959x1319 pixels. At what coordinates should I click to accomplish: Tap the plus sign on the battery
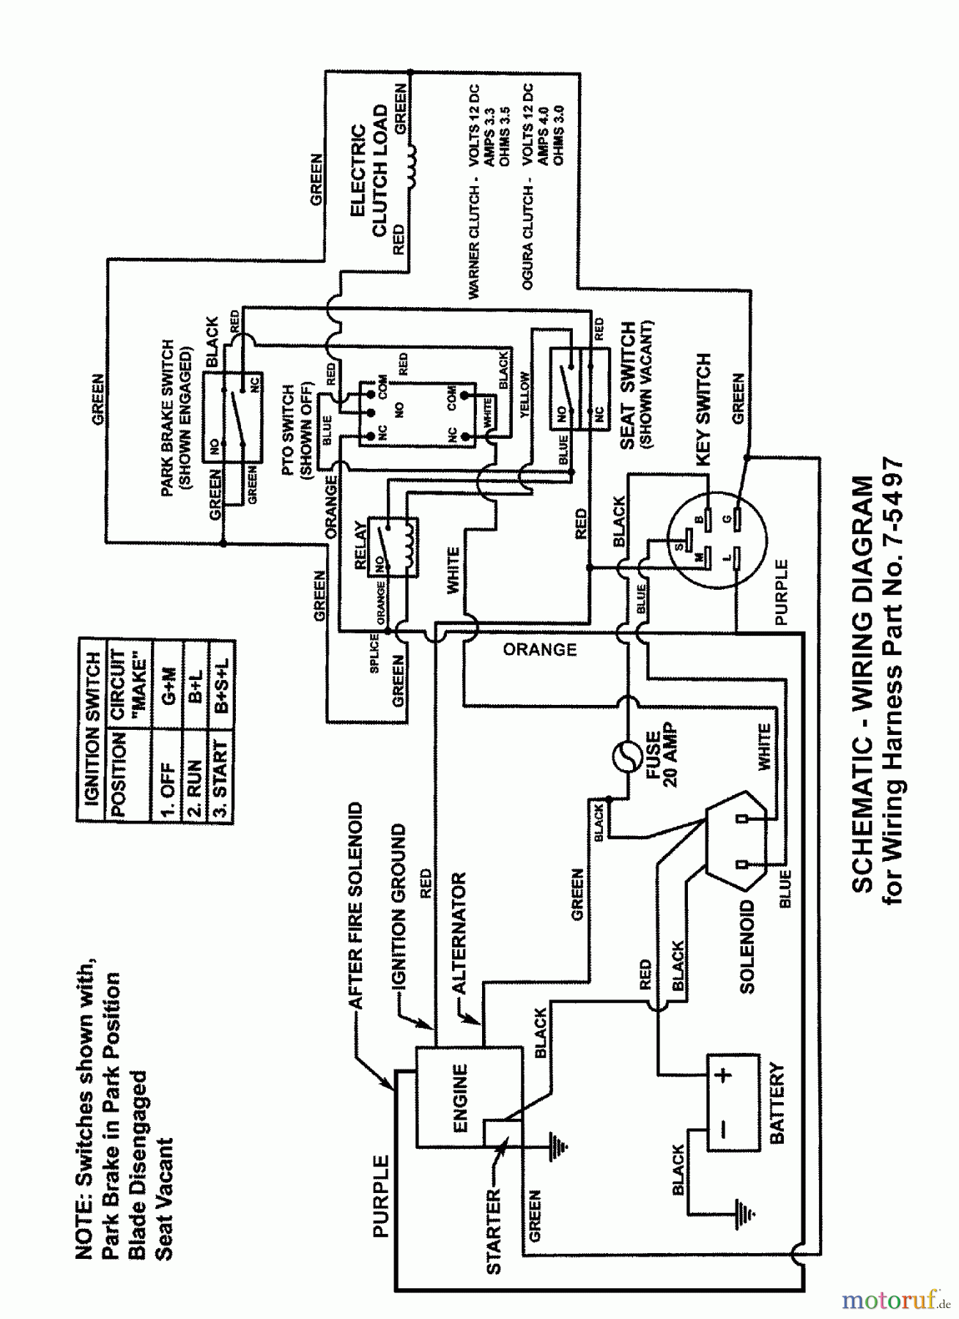pos(724,1075)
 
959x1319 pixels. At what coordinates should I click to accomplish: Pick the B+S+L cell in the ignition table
pos(222,685)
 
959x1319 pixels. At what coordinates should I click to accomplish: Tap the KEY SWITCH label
pos(703,410)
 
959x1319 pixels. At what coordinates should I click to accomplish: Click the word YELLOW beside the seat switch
pos(525,395)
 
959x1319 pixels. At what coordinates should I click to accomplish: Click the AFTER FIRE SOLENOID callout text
pos(355,905)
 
